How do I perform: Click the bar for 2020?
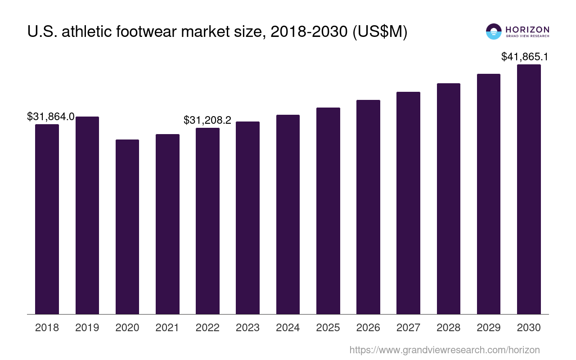pyautogui.click(x=127, y=227)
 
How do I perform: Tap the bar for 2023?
pyautogui.click(x=247, y=218)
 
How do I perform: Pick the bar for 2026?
pyautogui.click(x=368, y=207)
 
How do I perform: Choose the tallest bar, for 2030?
pyautogui.click(x=529, y=189)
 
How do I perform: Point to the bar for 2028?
pyautogui.click(x=448, y=198)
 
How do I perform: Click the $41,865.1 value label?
pyautogui.click(x=524, y=57)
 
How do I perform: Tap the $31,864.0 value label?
pyautogui.click(x=51, y=117)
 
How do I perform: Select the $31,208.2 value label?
pyautogui.click(x=207, y=120)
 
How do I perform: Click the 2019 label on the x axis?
pyautogui.click(x=87, y=328)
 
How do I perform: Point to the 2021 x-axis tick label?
pyautogui.click(x=167, y=328)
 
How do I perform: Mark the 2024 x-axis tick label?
pyautogui.click(x=288, y=328)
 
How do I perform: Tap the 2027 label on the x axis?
pyautogui.click(x=408, y=328)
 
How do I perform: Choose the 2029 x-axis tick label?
pyautogui.click(x=489, y=328)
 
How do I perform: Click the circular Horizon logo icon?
pyautogui.click(x=494, y=31)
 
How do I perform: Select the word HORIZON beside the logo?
pyautogui.click(x=527, y=29)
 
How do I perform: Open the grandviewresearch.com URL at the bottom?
pyautogui.click(x=445, y=350)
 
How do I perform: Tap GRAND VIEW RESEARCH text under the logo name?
pyautogui.click(x=527, y=36)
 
